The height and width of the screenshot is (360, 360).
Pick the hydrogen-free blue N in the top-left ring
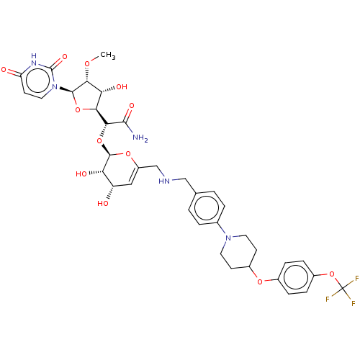(54, 88)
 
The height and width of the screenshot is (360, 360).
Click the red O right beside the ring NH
(65, 55)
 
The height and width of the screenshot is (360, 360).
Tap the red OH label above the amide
(121, 87)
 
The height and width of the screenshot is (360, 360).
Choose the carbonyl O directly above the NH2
(131, 106)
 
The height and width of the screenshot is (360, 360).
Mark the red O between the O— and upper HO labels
(99, 140)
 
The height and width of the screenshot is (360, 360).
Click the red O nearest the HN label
(128, 153)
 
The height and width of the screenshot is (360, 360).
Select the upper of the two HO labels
(81, 174)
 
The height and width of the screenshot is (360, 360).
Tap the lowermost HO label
(103, 204)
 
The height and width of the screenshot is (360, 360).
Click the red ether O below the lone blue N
(260, 281)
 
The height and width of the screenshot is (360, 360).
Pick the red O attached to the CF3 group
(332, 274)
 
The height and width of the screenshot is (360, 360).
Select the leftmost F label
(328, 299)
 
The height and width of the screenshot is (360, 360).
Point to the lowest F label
(354, 304)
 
